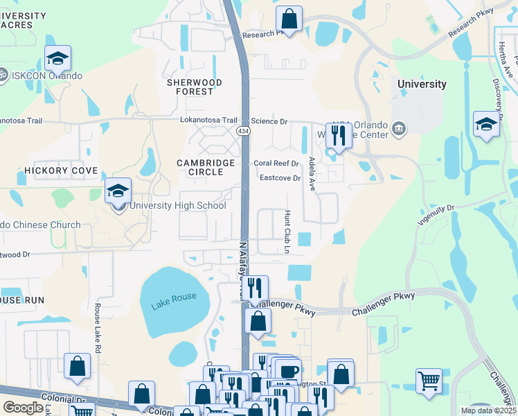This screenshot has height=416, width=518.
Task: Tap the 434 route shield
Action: click(x=243, y=130)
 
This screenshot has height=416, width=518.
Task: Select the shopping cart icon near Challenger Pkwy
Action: click(x=429, y=381)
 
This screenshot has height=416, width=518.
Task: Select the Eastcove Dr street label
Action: click(x=279, y=178)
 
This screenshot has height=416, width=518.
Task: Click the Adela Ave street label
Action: click(x=312, y=173)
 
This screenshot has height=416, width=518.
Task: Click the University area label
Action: click(x=422, y=84)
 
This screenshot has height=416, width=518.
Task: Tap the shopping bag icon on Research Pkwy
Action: click(x=289, y=19)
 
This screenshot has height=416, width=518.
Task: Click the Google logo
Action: click(x=24, y=408)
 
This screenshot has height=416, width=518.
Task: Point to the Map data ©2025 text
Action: click(x=488, y=410)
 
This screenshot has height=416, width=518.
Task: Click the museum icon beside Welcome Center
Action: click(x=399, y=128)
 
